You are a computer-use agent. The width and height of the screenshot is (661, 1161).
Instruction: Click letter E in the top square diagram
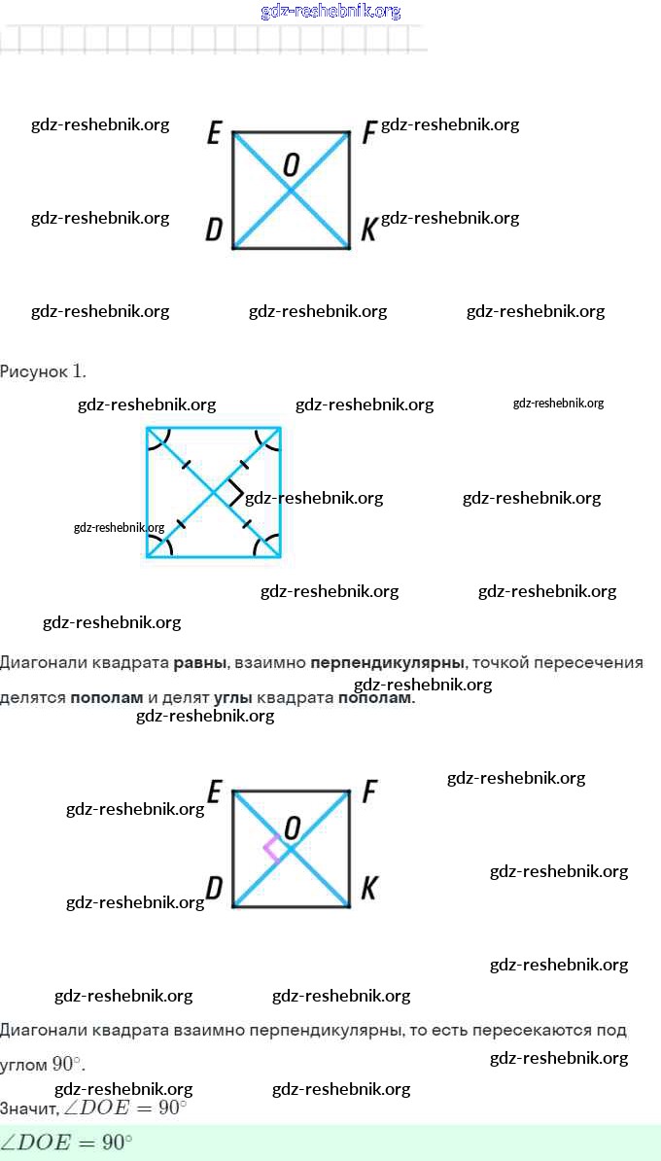[x=214, y=132]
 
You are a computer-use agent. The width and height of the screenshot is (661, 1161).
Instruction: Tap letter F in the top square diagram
[x=368, y=132]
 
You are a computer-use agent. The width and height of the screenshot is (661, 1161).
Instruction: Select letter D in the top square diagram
[x=214, y=229]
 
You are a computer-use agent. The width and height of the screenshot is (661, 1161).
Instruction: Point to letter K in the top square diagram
[x=368, y=229]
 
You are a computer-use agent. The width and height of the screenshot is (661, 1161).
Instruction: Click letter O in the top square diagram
[x=291, y=165]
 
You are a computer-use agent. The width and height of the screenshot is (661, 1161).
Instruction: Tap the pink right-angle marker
[x=272, y=847]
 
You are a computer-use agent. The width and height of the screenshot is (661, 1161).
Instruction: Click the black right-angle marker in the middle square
[x=233, y=493]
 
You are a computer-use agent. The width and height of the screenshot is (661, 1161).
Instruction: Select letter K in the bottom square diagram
[x=368, y=888]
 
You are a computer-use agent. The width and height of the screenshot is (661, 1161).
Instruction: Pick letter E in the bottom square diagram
[x=214, y=791]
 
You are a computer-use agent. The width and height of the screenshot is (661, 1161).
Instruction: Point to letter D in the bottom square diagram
[x=214, y=888]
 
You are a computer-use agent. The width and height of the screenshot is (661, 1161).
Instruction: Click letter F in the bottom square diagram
[x=368, y=792]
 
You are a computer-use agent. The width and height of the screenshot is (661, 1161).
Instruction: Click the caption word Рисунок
[x=34, y=371]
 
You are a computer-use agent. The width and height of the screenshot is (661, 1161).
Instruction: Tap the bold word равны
[x=200, y=663]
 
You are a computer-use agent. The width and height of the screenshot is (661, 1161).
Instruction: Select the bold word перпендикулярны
[x=387, y=663]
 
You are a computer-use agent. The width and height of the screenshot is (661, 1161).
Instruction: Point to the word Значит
[x=27, y=1108]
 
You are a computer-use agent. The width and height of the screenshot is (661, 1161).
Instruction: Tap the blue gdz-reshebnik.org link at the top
[x=330, y=12]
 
